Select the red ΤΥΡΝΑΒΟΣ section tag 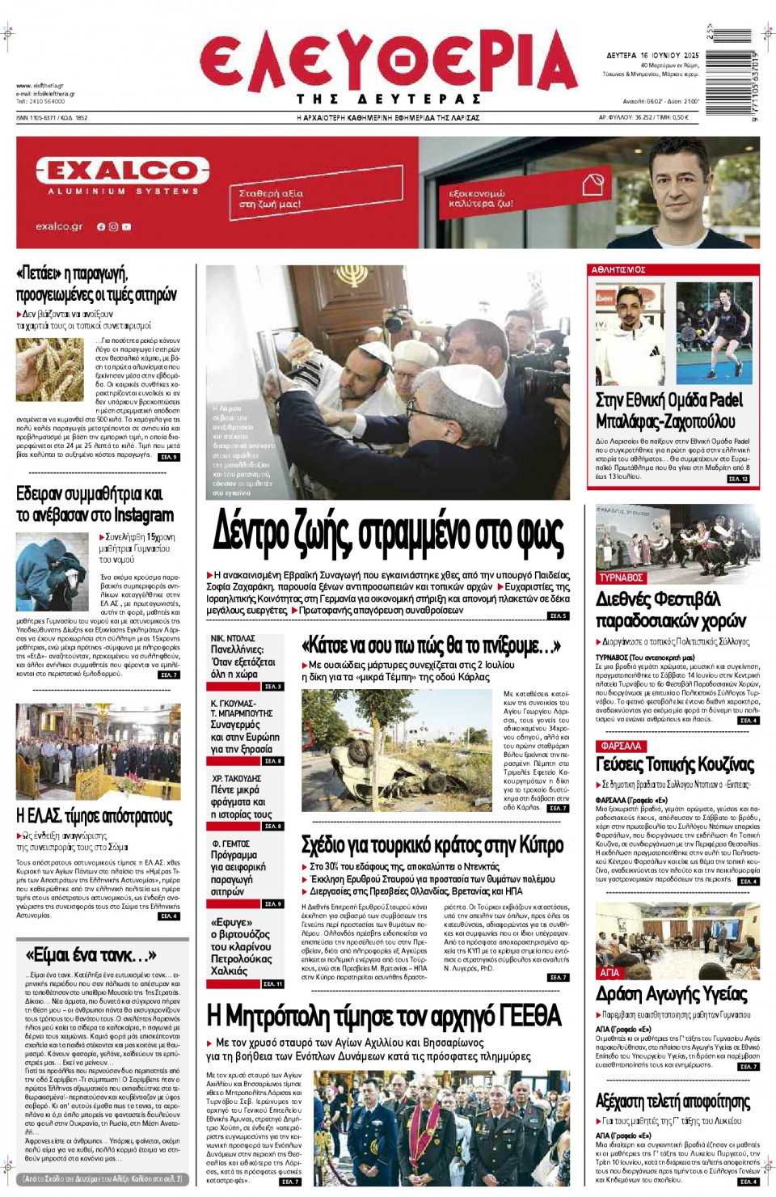(621, 577)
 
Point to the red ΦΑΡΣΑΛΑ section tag (621, 746)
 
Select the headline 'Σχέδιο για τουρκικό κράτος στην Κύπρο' (432, 844)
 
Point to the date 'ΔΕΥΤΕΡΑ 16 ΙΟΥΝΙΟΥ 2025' (652, 55)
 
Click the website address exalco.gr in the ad (59, 227)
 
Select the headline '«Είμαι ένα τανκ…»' (91, 954)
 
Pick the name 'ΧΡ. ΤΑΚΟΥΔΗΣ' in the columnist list (236, 778)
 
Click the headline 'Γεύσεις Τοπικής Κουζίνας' (674, 764)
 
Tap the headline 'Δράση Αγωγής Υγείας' (671, 994)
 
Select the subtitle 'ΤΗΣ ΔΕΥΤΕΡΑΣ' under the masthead (388, 99)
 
